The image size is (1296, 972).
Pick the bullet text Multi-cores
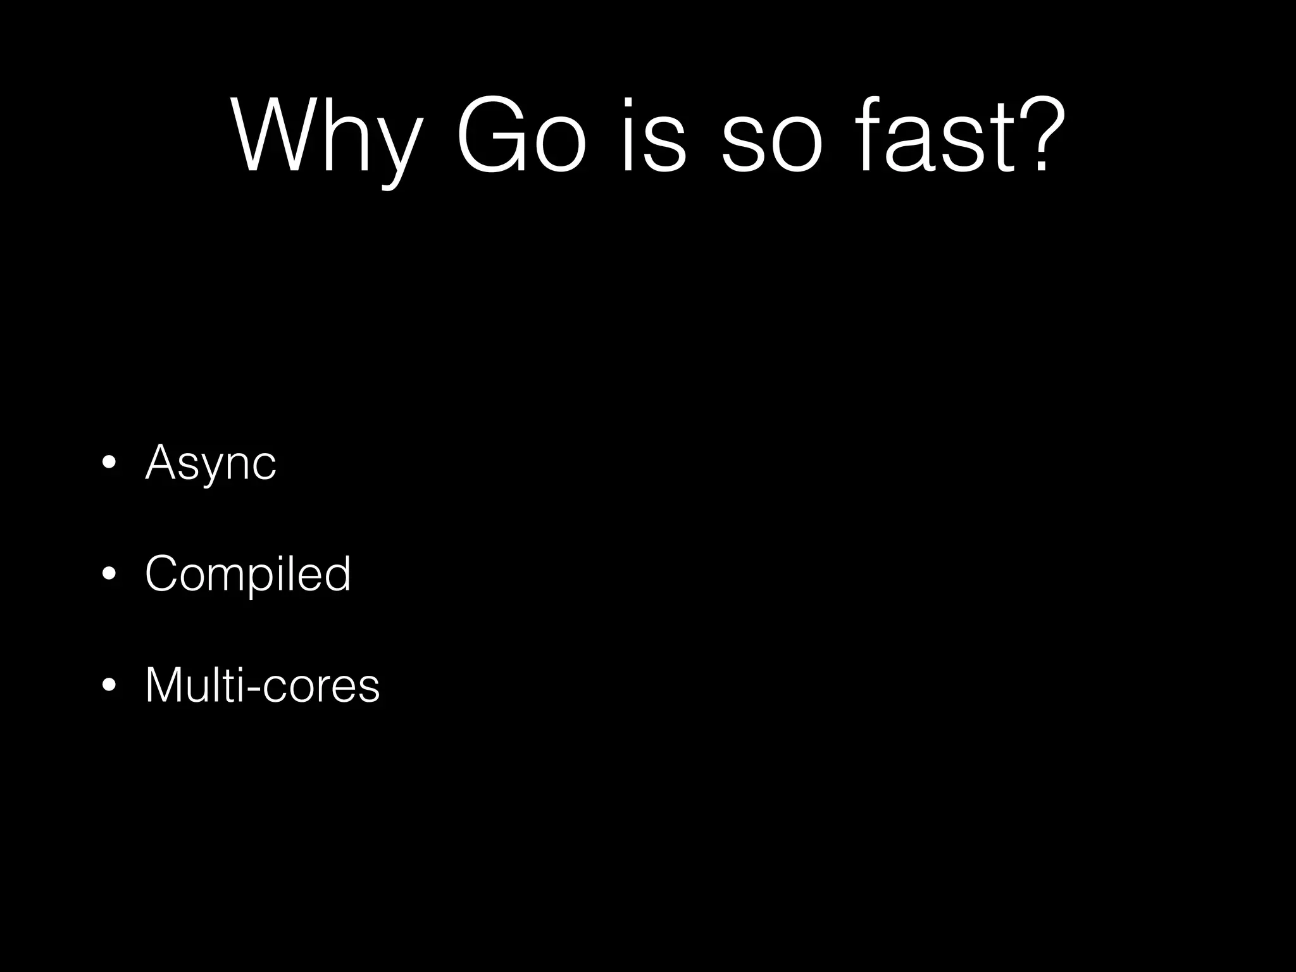[x=262, y=685]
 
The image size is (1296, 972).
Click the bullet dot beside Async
[x=109, y=463]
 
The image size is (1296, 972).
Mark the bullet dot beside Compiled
[x=109, y=574]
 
